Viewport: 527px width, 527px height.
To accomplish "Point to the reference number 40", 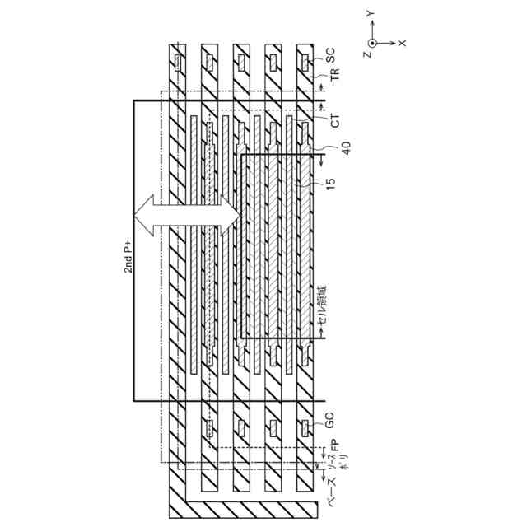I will pyautogui.click(x=334, y=147).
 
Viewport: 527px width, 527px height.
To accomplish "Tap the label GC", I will pyautogui.click(x=331, y=427).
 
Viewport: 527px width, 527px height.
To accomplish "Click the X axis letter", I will pyautogui.click(x=402, y=42).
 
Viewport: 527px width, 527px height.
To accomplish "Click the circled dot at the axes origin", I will pyautogui.click(x=372, y=41).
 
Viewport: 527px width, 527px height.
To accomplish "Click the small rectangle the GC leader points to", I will pyautogui.click(x=304, y=427).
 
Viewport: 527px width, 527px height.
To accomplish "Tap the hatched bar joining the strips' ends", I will pyautogui.click(x=247, y=503).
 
